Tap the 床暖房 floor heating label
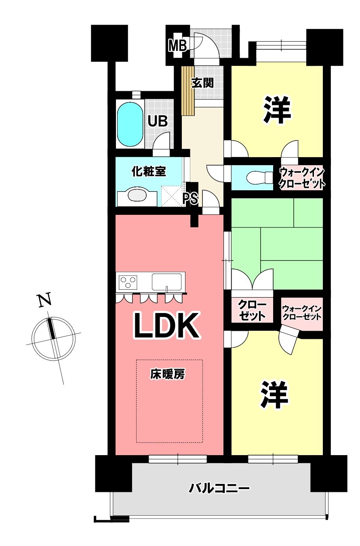(167, 374)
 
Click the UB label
(158, 121)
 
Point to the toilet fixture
(259, 177)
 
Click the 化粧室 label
(149, 171)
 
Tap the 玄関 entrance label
(202, 83)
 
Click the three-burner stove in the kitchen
(128, 282)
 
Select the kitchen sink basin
(167, 282)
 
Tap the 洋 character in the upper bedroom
(277, 110)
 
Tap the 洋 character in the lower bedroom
(275, 395)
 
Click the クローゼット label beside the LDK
(252, 310)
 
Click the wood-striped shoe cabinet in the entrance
(188, 91)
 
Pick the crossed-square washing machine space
(172, 196)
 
